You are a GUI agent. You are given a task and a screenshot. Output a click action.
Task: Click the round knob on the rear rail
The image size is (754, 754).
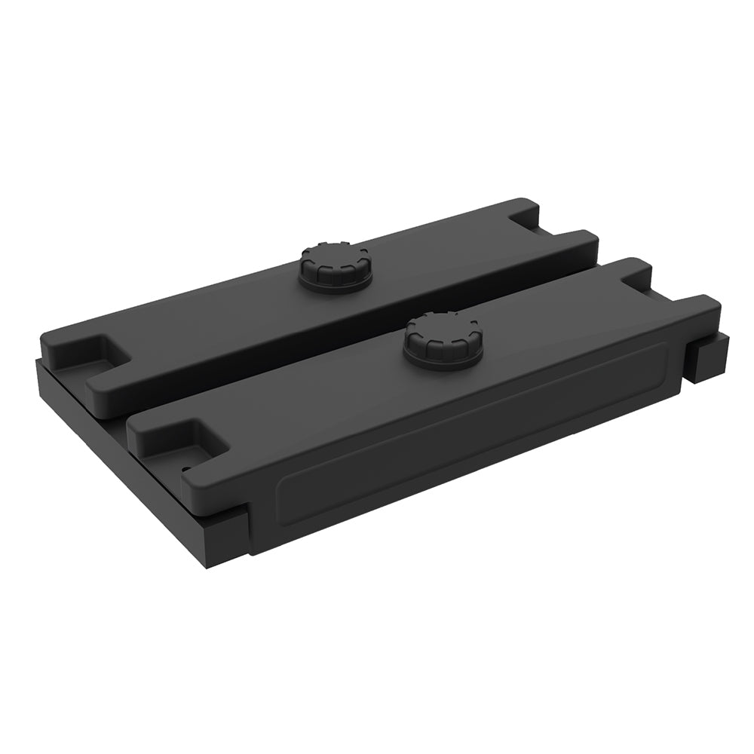(x=335, y=265)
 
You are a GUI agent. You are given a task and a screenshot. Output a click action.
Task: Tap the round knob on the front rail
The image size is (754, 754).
(x=443, y=342)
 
